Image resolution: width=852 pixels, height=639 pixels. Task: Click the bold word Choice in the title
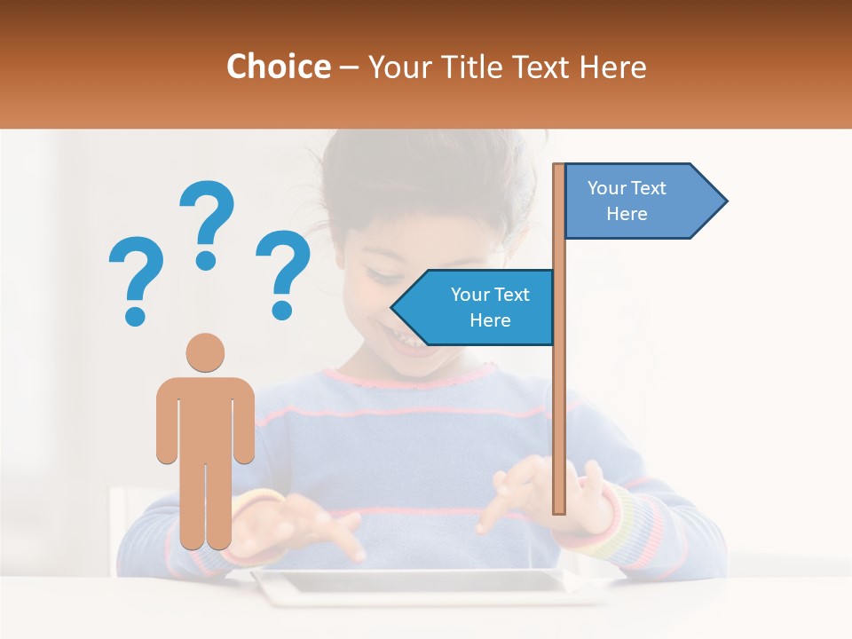(x=278, y=67)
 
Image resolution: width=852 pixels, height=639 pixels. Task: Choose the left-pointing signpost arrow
(x=475, y=307)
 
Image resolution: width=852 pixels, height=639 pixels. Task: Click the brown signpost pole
(x=559, y=399)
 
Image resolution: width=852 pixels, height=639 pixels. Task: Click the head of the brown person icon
(x=205, y=352)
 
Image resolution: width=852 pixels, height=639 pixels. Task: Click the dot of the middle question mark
(x=206, y=259)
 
